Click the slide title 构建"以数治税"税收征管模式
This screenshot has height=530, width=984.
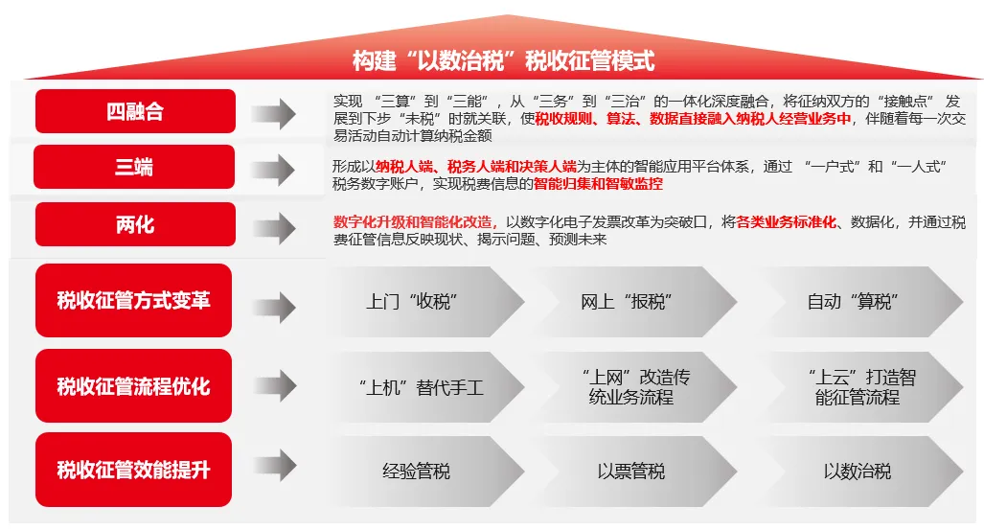click(503, 61)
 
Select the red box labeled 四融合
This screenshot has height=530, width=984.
click(135, 111)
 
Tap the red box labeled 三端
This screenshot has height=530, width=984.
click(134, 167)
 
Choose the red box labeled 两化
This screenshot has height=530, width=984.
click(135, 224)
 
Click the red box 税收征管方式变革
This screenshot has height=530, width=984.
click(134, 300)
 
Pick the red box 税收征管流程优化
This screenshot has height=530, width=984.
click(134, 385)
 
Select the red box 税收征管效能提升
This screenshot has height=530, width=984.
click(134, 469)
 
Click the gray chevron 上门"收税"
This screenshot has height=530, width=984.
click(421, 302)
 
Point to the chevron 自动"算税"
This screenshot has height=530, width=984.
click(858, 302)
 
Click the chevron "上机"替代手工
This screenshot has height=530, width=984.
click(421, 387)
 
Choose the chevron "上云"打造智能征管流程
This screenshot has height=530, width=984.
click(858, 387)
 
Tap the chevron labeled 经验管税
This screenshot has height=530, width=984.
click(421, 471)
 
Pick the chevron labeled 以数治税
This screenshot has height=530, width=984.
click(858, 471)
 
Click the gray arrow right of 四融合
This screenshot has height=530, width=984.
click(274, 114)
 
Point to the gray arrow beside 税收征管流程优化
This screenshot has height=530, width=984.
click(274, 385)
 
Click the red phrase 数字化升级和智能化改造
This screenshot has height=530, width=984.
click(415, 222)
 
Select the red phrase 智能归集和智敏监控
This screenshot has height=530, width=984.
click(598, 183)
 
